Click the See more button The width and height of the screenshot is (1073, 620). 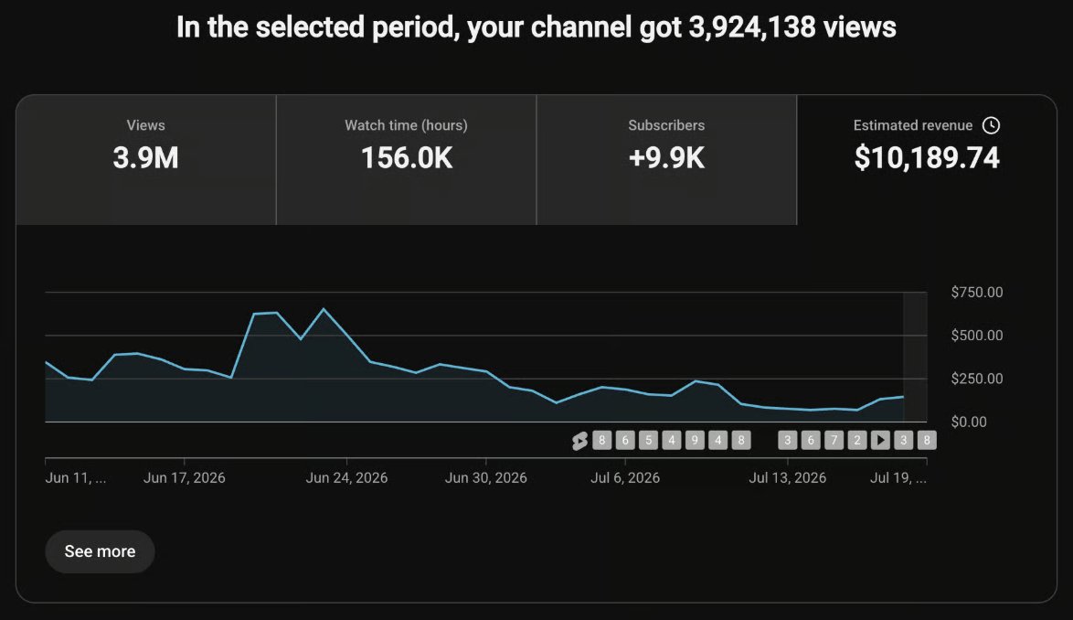(x=100, y=551)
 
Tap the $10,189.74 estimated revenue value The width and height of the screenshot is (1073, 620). (x=927, y=158)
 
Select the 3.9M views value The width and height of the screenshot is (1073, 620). (x=145, y=158)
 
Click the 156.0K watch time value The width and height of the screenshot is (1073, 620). (x=407, y=158)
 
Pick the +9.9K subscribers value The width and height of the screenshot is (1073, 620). (x=666, y=158)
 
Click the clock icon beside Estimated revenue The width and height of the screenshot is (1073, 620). (x=991, y=125)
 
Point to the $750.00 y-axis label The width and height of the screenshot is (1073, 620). (x=976, y=293)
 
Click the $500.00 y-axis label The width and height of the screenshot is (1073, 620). (x=976, y=336)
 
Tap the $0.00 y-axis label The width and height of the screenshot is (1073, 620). (x=969, y=422)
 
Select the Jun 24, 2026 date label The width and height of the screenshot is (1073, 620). (x=346, y=477)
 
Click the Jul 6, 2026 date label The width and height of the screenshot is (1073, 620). (x=625, y=477)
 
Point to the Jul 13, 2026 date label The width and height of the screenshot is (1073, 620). (x=787, y=477)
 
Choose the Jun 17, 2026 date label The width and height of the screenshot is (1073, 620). (x=184, y=477)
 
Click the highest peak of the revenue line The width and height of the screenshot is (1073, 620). (x=324, y=309)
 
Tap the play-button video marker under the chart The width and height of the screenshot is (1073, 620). (x=880, y=440)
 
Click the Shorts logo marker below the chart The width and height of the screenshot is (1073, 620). (x=579, y=441)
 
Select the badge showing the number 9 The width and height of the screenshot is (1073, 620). (x=695, y=440)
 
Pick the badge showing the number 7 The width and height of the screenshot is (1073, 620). (x=834, y=440)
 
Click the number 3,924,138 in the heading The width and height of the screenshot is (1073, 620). (x=752, y=27)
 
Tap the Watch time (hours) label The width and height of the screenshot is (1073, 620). (x=407, y=125)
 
